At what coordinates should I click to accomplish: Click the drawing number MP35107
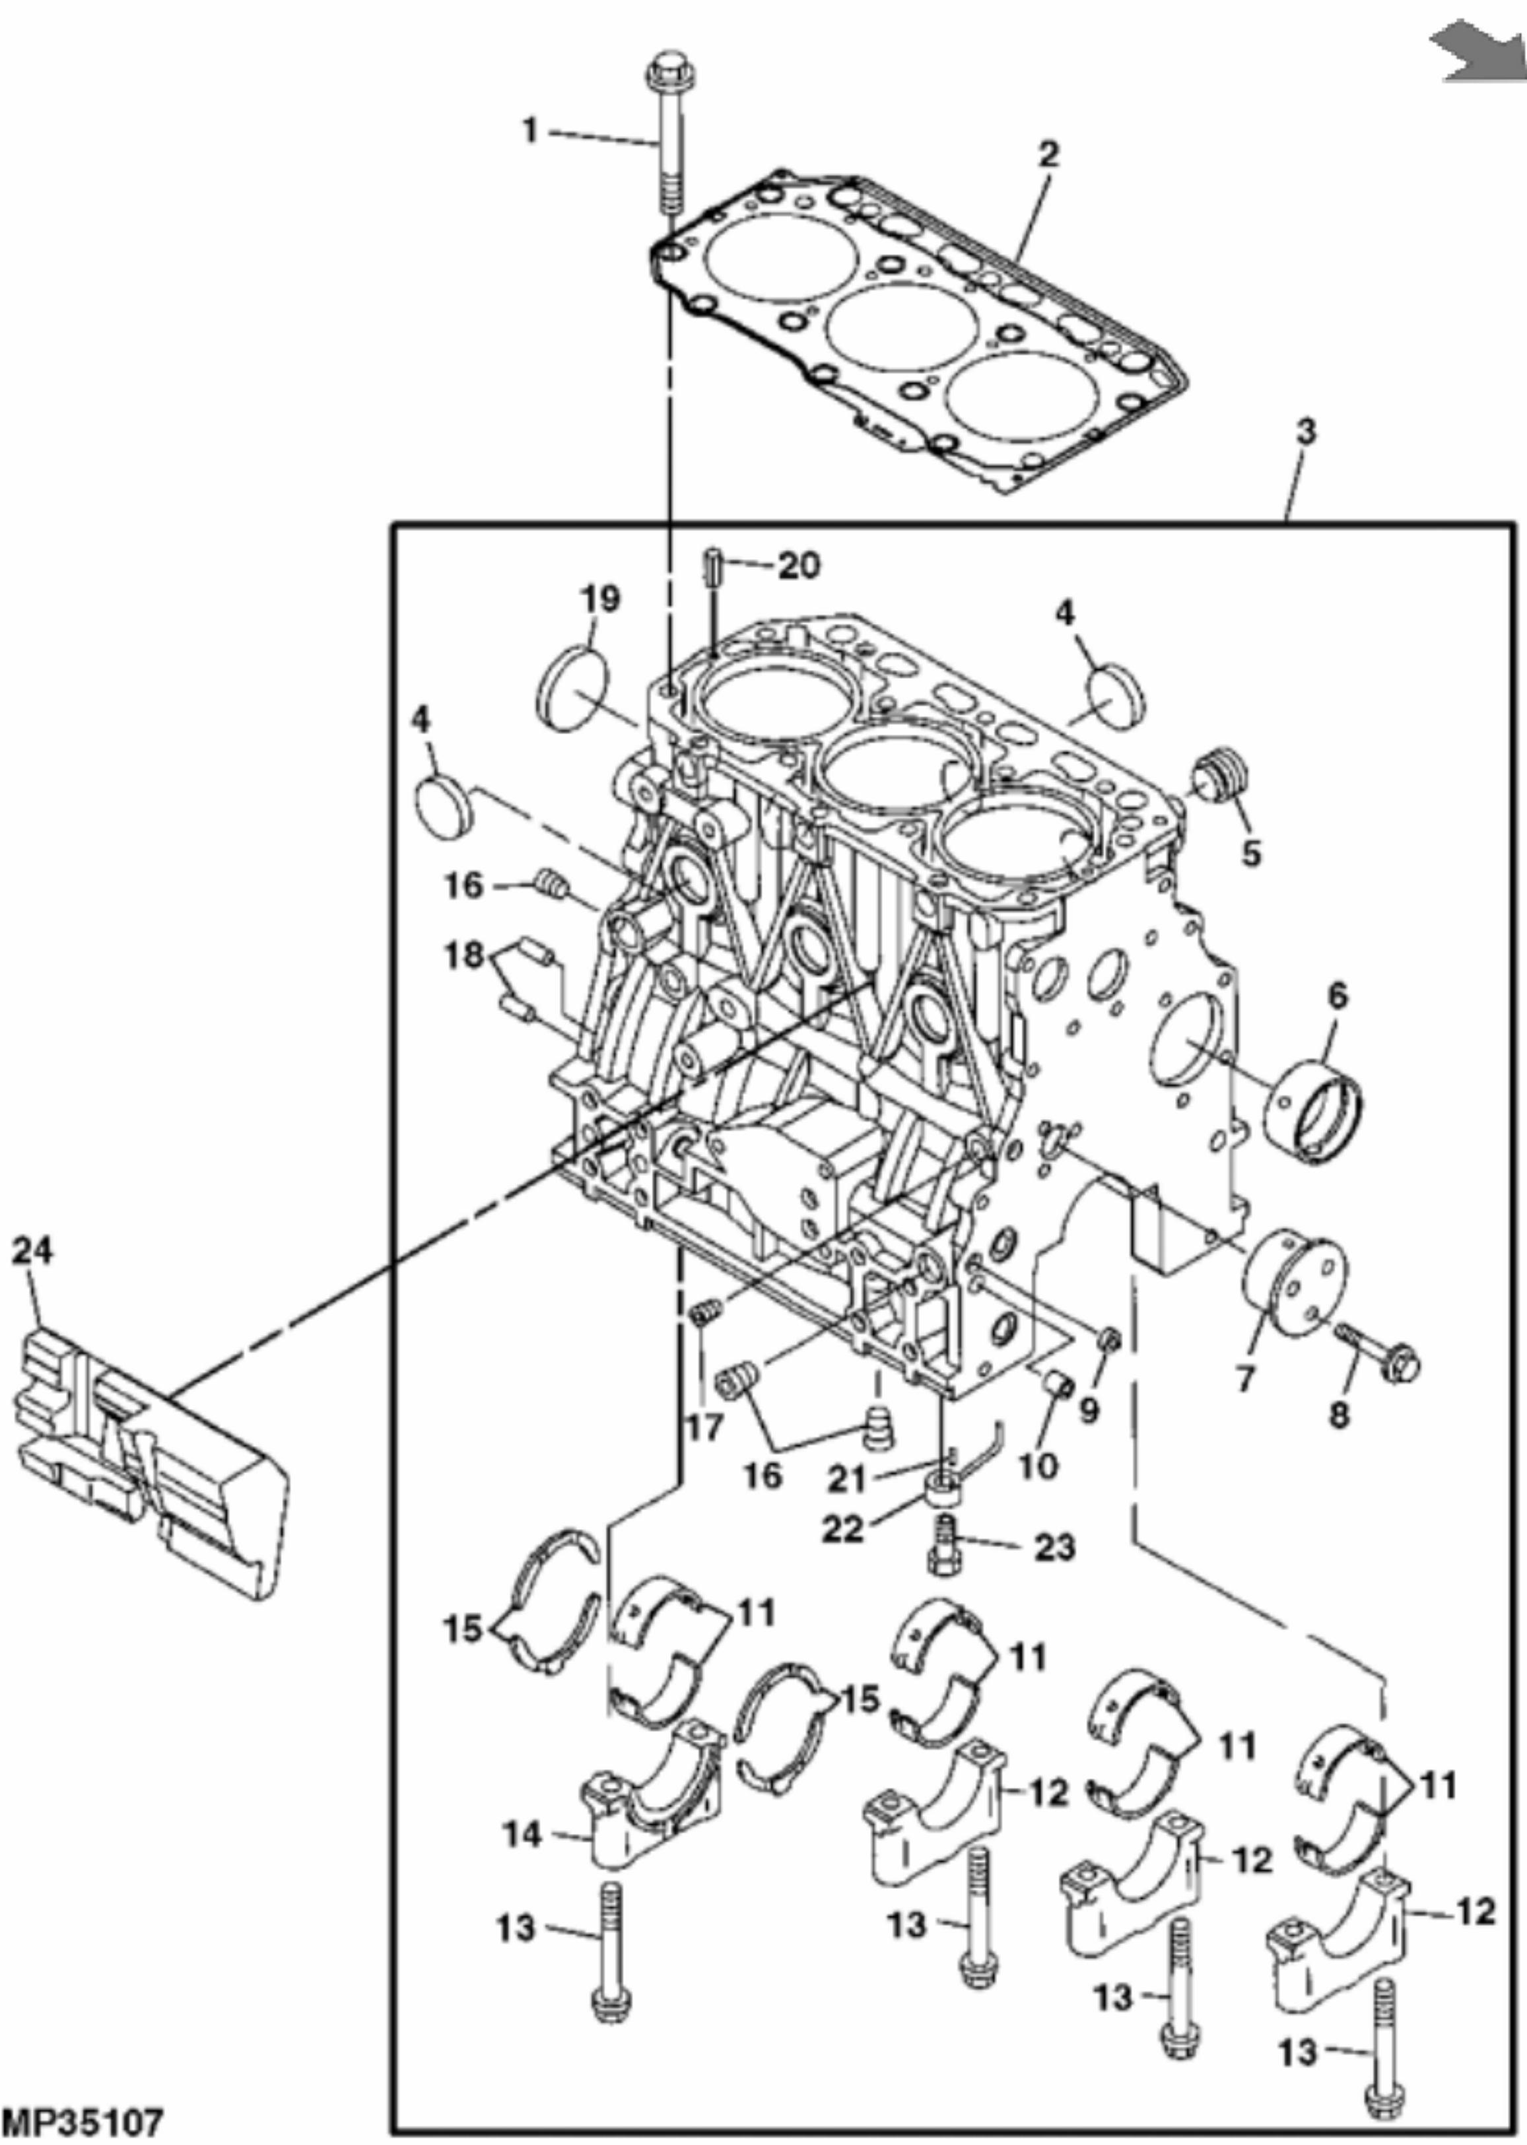(83, 2121)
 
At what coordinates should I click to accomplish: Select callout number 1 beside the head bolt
(531, 130)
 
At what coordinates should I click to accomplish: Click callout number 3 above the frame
(1305, 432)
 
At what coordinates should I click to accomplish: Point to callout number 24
(34, 1250)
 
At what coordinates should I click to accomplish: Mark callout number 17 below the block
(703, 1425)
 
